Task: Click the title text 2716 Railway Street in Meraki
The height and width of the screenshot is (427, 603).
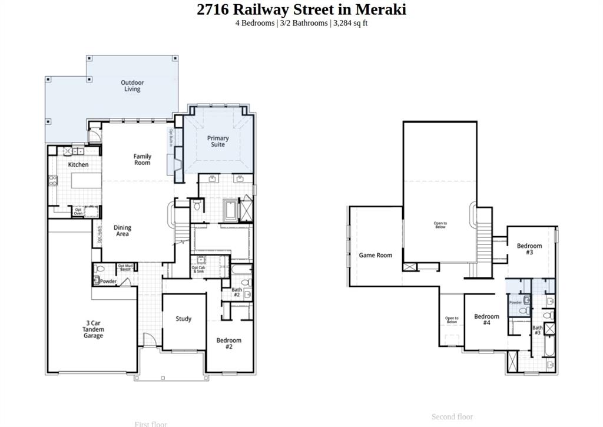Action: coord(301,9)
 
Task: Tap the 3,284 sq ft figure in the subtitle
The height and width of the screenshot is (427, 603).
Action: coord(350,23)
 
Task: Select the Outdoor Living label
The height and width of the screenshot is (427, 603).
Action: coord(132,86)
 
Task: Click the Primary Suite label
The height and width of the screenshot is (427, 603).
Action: coord(218,141)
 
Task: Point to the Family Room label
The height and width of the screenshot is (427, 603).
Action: coord(142,160)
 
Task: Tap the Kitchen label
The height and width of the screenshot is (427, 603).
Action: coord(78,165)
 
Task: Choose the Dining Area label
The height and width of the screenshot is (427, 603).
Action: coord(122,231)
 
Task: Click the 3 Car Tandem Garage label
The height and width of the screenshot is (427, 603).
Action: coord(93,329)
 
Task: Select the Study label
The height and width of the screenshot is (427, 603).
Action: coord(184,319)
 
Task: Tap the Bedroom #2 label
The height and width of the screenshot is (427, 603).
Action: coord(228,343)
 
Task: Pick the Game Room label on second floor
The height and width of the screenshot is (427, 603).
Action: coord(376,256)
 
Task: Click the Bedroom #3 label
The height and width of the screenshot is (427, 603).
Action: coord(529,249)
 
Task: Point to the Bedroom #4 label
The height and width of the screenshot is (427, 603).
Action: coord(486,320)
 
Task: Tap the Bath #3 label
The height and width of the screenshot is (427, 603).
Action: coord(538,330)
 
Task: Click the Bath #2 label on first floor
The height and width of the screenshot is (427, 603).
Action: coord(237,292)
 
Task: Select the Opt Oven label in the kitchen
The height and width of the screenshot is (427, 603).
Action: coord(78,211)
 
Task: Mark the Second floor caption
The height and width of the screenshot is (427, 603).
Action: coord(452,417)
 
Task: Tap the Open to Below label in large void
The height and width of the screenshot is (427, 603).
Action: coord(440,225)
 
